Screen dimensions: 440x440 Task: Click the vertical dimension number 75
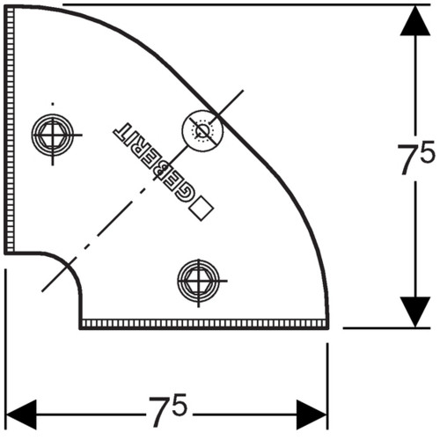click(x=416, y=158)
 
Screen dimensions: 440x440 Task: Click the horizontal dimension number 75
click(x=168, y=410)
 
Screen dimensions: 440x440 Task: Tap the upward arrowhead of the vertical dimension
click(x=415, y=20)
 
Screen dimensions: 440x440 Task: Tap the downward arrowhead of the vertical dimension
click(x=415, y=312)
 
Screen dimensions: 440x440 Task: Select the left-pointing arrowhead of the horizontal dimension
click(x=21, y=414)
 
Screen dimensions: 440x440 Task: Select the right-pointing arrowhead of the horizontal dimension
click(x=312, y=414)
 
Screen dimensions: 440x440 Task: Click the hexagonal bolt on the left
click(x=53, y=135)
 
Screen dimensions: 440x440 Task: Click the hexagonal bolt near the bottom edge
click(x=199, y=281)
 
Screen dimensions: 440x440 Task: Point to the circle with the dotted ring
click(x=202, y=130)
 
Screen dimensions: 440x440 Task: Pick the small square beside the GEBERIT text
click(x=202, y=209)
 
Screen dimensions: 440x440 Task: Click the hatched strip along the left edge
click(x=10, y=129)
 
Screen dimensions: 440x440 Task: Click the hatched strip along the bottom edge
click(x=204, y=323)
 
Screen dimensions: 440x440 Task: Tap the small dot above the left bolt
click(x=53, y=104)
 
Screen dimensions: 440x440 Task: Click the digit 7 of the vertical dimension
click(x=407, y=159)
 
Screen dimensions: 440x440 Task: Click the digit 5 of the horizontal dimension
click(x=178, y=405)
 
